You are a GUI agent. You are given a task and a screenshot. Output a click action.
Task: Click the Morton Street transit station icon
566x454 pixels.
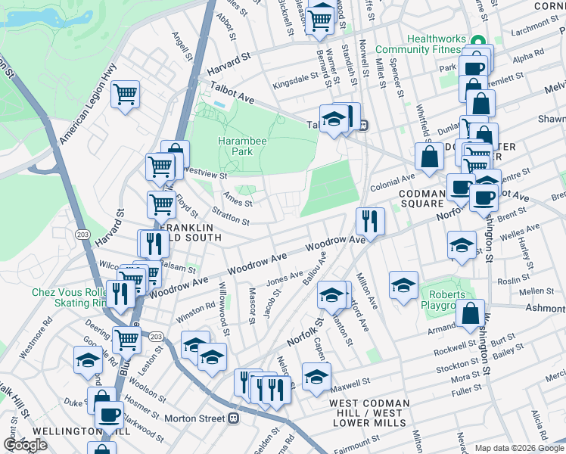[234, 418]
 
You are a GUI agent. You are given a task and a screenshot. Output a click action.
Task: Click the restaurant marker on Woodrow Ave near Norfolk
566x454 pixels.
[369, 220]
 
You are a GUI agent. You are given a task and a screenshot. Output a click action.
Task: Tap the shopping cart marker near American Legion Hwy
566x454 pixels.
[125, 95]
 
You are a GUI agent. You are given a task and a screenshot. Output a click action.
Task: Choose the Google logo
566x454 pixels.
[25, 445]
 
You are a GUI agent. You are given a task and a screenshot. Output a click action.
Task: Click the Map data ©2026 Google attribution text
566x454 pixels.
[519, 448]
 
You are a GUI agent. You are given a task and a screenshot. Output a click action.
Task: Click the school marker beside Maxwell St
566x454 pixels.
[316, 376]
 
